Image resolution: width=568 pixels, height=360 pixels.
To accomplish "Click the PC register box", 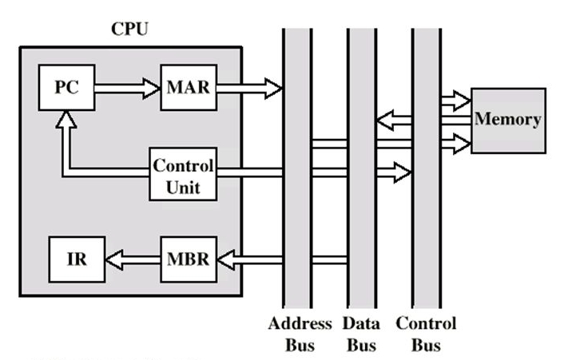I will [66, 87].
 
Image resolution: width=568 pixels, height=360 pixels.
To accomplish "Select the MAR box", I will [188, 87].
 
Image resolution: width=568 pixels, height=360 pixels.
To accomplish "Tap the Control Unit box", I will [183, 176].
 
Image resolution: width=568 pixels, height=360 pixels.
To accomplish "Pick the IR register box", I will [76, 259].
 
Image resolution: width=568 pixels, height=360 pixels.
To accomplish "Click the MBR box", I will [188, 259].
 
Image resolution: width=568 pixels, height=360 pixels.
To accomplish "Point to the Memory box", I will [507, 120].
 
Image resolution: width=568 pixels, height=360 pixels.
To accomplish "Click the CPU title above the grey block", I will [129, 30].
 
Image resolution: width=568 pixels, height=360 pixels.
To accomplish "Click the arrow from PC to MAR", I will [128, 87].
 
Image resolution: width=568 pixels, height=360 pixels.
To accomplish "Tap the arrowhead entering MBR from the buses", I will [227, 259].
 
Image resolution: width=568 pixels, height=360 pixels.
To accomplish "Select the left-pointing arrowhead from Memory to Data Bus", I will [384, 121].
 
